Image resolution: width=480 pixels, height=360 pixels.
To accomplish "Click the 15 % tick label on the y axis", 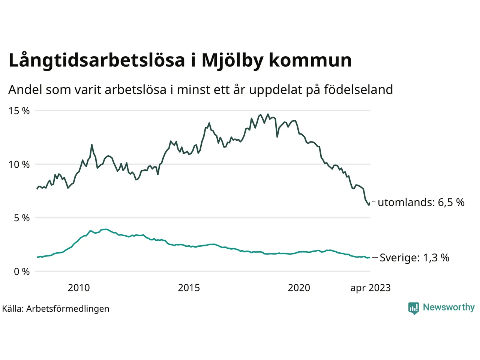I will pos(19,111).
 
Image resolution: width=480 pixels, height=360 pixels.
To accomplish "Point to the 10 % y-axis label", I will pos(19,165).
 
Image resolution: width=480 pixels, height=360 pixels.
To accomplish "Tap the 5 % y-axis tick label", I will pos(22,218).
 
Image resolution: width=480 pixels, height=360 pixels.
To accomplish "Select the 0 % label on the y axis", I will pos(22,272).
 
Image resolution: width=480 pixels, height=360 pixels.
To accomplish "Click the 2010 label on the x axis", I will pos(79,288).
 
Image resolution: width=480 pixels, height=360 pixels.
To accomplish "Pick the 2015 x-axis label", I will pos(189,288).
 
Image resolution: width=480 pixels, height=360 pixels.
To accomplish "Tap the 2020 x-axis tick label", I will pos(299,288).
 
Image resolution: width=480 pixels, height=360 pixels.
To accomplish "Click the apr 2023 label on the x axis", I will pos(370,288).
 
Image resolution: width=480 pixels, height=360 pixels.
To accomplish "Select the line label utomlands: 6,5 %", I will pos(421,202).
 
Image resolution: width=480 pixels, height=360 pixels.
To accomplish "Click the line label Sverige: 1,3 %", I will pos(414,258).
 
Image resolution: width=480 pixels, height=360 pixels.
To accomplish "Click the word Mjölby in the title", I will pos(232,61).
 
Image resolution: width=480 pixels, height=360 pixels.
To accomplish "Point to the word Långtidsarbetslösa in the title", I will pos(97,61).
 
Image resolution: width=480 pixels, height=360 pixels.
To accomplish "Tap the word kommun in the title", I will pos(310,61).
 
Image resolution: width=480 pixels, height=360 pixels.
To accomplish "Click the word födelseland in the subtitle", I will pos(358,90).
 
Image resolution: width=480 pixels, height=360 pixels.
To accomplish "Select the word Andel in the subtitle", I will pos(25,90).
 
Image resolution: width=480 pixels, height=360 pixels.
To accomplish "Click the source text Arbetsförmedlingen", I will pos(67,309).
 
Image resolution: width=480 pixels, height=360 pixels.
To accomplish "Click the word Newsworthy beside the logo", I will pos(448,307).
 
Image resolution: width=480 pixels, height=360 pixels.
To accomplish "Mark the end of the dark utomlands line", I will pos(370,203).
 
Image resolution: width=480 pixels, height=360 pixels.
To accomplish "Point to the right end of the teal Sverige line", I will pos(370,258).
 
